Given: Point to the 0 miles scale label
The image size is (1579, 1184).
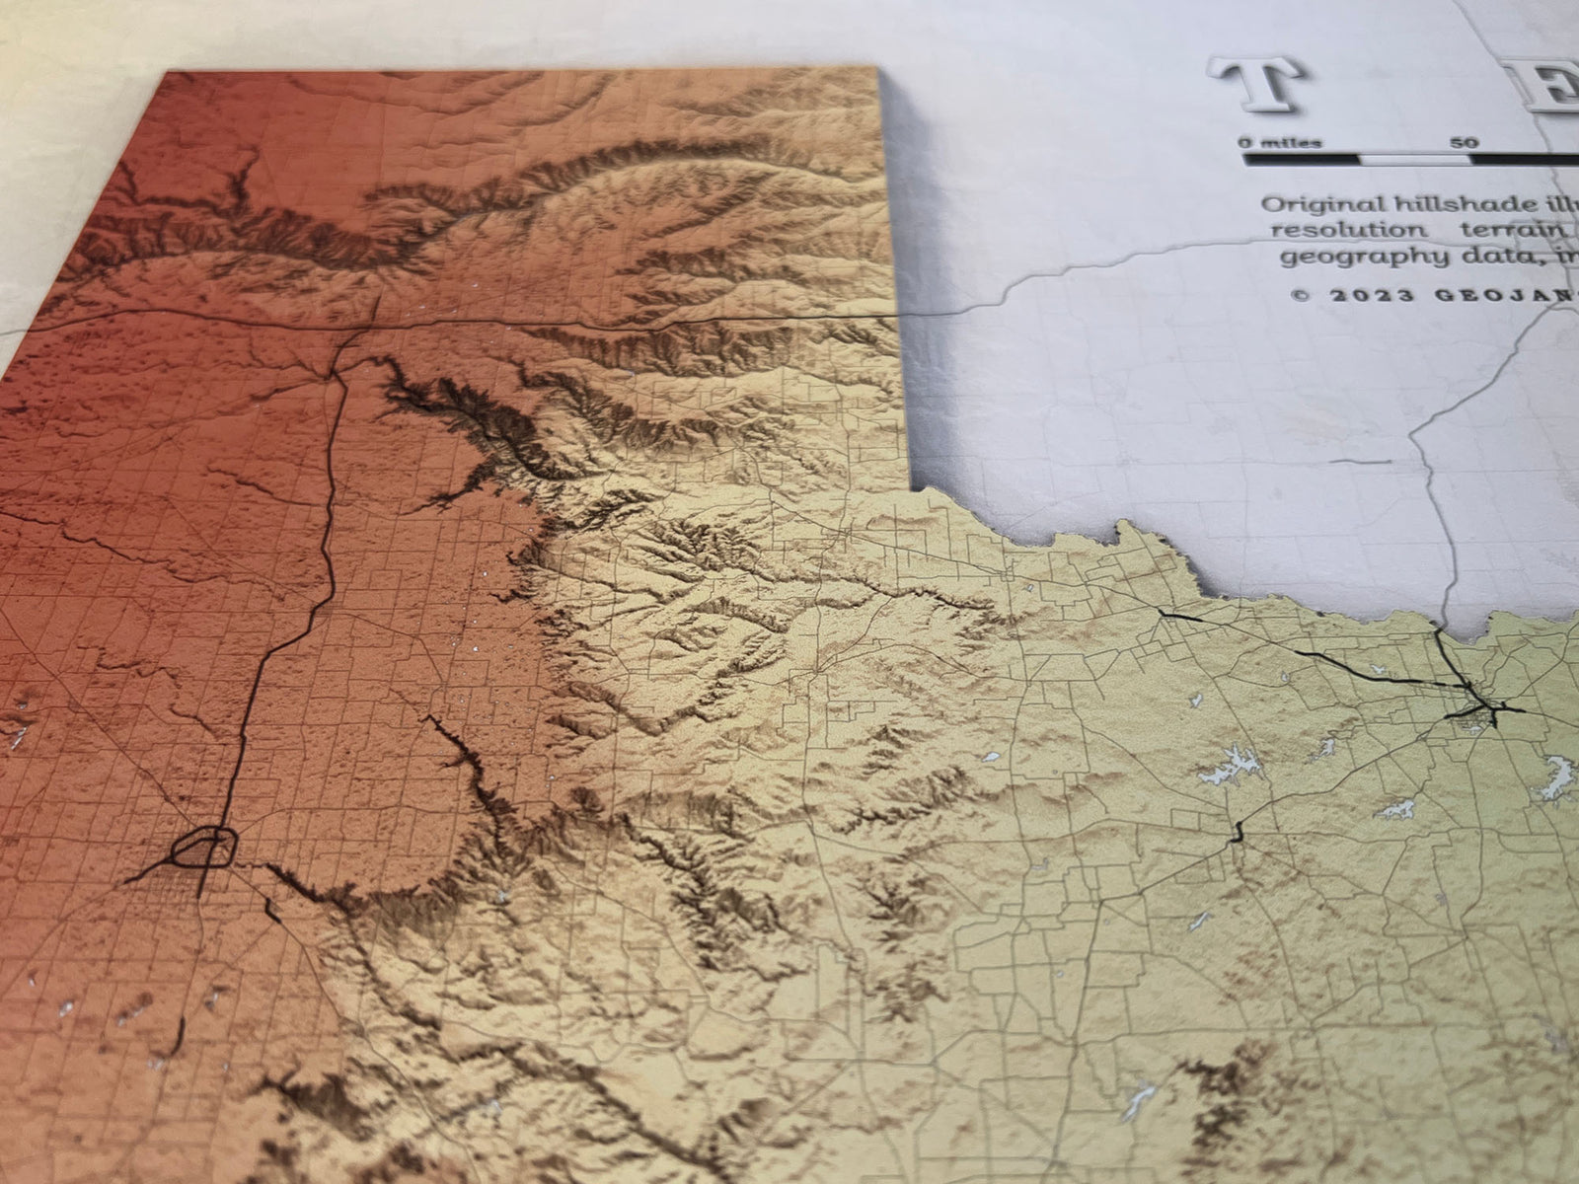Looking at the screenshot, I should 1280,142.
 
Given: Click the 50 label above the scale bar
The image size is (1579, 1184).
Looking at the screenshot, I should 1466,142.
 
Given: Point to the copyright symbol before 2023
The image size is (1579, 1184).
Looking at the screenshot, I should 1299,295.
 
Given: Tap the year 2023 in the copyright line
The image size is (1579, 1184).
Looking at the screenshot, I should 1358,295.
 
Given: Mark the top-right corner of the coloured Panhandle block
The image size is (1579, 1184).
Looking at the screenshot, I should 877,71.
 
